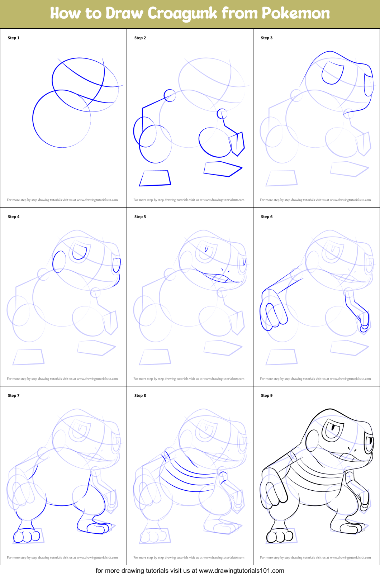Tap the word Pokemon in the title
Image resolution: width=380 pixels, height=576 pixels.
pyautogui.click(x=296, y=13)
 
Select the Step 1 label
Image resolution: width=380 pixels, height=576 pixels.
pyautogui.click(x=14, y=38)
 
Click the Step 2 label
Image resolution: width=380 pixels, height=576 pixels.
pyautogui.click(x=140, y=38)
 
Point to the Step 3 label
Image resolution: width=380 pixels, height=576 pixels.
pyautogui.click(x=267, y=38)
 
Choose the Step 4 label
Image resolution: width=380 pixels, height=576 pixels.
pyautogui.click(x=14, y=217)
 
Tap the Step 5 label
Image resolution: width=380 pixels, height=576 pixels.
pyautogui.click(x=140, y=217)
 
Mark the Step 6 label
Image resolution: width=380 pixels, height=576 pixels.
pyautogui.click(x=267, y=217)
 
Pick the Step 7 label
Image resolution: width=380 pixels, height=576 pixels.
pyautogui.click(x=14, y=396)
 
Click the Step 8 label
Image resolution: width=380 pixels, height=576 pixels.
pyautogui.click(x=140, y=396)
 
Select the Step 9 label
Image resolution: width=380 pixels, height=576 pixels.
pyautogui.click(x=267, y=396)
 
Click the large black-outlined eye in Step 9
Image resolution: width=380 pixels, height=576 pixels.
pyautogui.click(x=333, y=430)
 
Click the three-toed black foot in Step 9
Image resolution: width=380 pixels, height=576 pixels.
pyautogui.click(x=280, y=536)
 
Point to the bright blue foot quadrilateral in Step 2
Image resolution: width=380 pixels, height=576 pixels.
pyautogui.click(x=155, y=178)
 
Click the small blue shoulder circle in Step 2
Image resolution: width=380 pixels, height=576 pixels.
pyautogui.click(x=170, y=95)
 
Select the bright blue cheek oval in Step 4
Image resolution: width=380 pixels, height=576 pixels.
pyautogui.click(x=59, y=262)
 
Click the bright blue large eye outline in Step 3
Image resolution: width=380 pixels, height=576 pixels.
pyautogui.click(x=333, y=72)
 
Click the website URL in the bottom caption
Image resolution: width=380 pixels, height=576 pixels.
pyautogui.click(x=241, y=571)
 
